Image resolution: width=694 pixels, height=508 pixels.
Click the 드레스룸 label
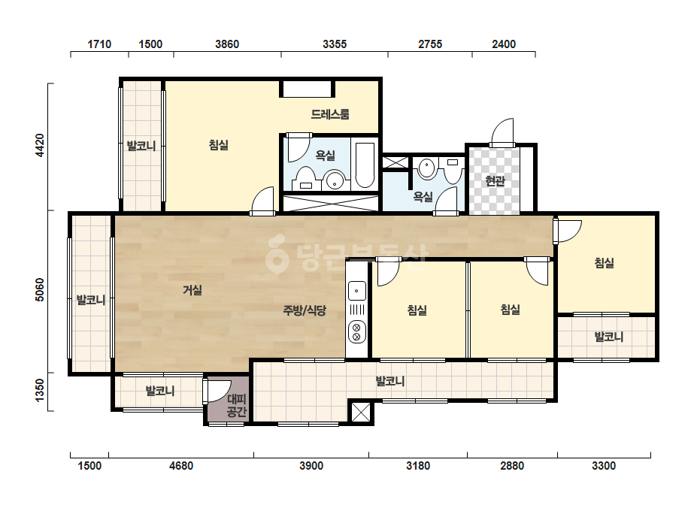pos(330,114)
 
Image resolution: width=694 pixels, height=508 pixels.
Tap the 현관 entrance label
pos(495,180)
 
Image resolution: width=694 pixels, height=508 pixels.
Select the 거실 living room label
pos(192,290)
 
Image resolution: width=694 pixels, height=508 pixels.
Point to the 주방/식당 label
pos(305,310)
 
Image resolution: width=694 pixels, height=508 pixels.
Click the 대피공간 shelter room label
pos(236,406)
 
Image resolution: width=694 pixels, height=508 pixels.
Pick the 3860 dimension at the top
pos(227,44)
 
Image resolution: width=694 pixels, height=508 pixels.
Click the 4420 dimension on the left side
pos(40,145)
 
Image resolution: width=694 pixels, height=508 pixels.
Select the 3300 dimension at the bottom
pos(604,465)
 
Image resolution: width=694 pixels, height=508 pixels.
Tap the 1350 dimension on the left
pos(40,391)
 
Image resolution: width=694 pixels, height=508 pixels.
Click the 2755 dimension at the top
pos(430,44)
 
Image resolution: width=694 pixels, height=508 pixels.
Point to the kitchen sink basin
pos(356,291)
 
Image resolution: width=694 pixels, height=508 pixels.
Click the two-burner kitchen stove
pos(356,332)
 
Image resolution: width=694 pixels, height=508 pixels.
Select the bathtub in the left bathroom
pos(365,165)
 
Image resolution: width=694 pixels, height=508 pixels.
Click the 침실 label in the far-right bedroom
pos(605,263)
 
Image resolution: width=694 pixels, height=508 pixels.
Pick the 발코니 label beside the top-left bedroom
pos(141,146)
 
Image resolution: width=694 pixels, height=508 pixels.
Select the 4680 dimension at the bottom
pos(181,465)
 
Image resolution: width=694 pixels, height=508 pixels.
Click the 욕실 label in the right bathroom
pos(423,196)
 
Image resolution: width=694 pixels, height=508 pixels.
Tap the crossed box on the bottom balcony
pos(360,413)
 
